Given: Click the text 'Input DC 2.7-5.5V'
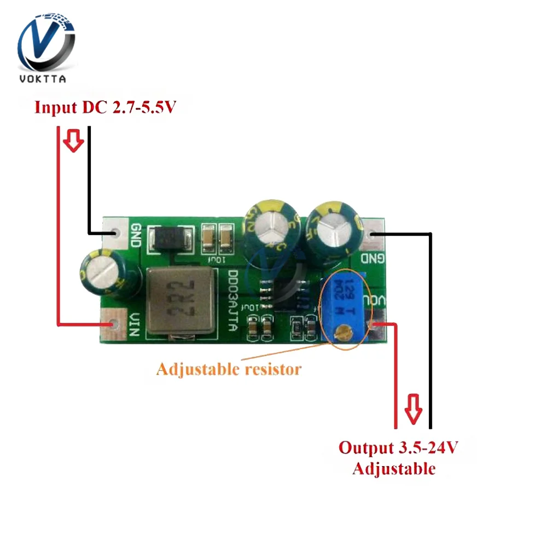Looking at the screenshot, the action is (x=104, y=107).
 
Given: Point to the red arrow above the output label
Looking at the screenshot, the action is (x=414, y=408).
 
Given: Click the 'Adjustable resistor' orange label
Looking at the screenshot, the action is (x=229, y=369).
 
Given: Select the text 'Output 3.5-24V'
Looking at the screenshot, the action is (x=398, y=448).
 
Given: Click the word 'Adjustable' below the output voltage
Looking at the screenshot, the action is (x=394, y=469).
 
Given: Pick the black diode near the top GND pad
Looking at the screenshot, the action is (x=171, y=238).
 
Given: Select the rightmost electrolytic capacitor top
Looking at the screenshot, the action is (x=335, y=230).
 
